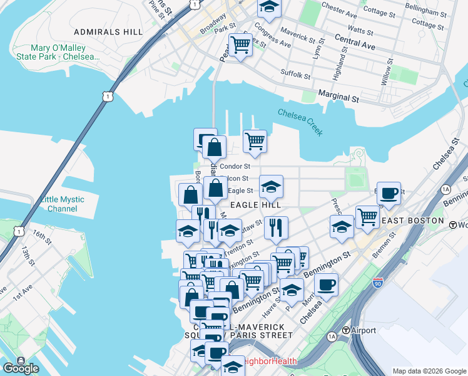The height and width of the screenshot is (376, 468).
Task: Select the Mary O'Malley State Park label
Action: (66, 52)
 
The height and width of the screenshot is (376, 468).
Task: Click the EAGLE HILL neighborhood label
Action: (255, 205)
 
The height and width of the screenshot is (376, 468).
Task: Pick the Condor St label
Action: (235, 167)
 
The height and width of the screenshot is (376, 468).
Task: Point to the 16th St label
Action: (43, 236)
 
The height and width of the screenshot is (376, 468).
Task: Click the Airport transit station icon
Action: (345, 330)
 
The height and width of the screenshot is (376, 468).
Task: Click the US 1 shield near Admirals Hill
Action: (109, 97)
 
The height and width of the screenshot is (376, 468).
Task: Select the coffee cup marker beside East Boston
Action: (389, 194)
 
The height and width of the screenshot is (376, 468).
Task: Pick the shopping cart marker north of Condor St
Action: (255, 142)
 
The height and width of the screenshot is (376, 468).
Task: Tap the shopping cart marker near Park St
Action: (240, 44)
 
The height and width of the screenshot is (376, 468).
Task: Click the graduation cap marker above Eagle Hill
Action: (271, 187)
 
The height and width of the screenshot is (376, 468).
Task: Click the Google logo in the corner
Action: (21, 368)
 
